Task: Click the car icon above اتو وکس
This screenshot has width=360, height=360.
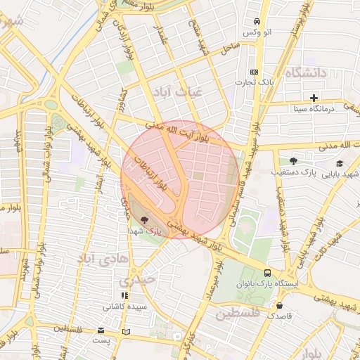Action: (258, 21)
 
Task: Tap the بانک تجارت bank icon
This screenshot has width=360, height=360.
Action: (254, 72)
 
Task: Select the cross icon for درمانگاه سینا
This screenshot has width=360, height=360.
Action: (314, 98)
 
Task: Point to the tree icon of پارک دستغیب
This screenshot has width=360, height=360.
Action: (294, 161)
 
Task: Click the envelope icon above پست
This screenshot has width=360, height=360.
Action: (102, 330)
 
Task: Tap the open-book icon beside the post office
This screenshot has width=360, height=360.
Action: (126, 331)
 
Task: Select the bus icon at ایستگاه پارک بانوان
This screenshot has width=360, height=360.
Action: (267, 272)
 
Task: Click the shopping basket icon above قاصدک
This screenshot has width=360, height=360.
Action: (281, 306)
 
